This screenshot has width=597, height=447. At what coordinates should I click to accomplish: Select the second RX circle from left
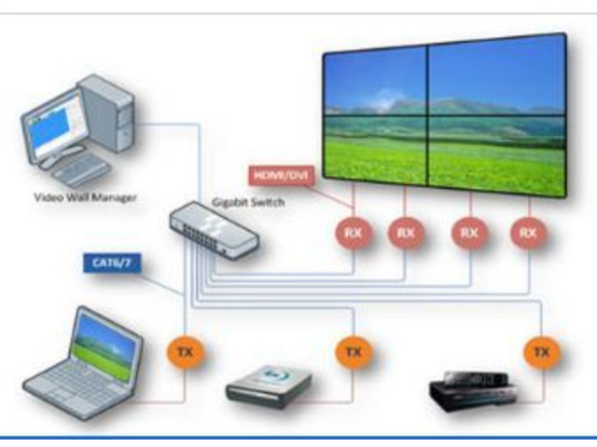404,232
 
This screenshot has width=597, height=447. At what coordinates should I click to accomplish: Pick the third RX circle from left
468,232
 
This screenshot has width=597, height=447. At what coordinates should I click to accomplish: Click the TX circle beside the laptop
183,352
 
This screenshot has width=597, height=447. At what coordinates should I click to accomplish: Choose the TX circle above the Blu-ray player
352,352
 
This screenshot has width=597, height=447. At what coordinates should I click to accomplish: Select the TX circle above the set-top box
539,351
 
